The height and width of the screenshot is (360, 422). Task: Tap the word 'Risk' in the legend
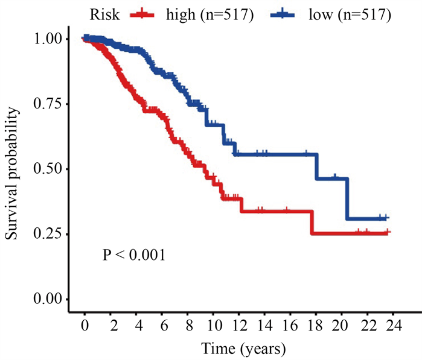[x=103, y=14]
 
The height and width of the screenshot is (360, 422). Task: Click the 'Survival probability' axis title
[x=13, y=169]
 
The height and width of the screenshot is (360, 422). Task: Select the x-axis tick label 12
[x=238, y=325]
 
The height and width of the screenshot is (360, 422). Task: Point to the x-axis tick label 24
[x=393, y=325]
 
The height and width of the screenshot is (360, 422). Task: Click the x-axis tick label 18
[x=316, y=325]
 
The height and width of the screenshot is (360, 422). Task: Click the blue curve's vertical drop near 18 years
[x=317, y=166]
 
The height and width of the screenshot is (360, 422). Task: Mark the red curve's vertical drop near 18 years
[x=312, y=222]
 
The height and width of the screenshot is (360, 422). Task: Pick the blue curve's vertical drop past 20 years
[x=347, y=198]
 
